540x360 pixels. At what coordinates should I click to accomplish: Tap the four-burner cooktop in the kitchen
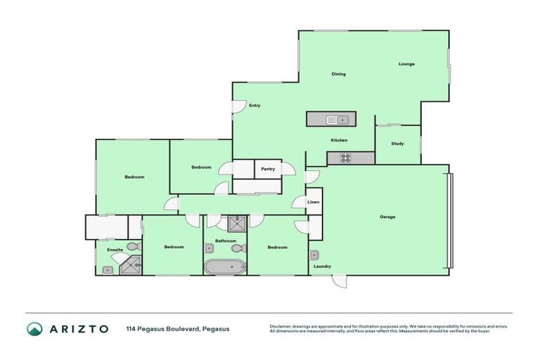(345, 158)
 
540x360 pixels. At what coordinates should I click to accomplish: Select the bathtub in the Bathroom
(224, 267)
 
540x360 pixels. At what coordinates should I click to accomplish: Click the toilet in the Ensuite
(131, 247)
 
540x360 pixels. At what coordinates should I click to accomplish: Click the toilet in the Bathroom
(236, 249)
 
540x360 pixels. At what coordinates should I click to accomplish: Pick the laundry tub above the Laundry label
(314, 255)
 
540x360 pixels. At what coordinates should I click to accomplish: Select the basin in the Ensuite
(108, 269)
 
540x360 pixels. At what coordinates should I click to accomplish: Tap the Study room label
(397, 144)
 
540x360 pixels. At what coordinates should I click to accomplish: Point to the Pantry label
(268, 169)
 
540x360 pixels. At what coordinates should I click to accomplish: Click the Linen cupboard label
(314, 202)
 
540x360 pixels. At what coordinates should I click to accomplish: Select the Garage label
(387, 217)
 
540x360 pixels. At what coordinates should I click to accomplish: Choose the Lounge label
(406, 64)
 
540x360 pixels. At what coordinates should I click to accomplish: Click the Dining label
(338, 74)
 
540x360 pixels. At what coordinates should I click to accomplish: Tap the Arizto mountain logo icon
(34, 328)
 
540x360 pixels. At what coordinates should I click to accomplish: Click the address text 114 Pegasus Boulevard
(178, 328)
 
